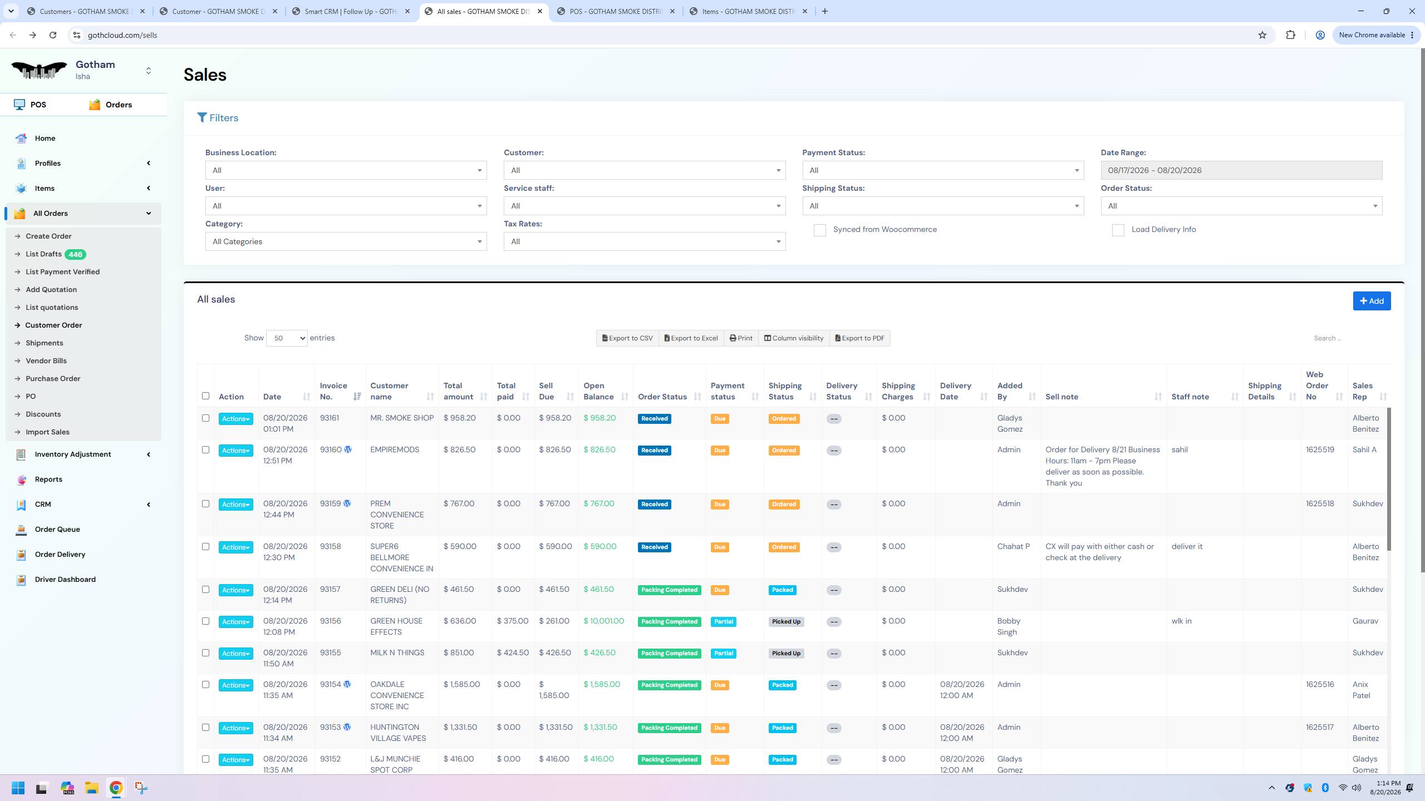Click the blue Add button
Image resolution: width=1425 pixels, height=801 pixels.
1372,301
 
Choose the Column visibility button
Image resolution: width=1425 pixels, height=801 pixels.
794,338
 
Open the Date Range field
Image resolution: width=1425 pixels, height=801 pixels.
1241,170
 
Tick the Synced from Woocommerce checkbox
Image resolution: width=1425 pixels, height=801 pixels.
819,230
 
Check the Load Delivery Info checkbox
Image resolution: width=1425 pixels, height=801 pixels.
1118,230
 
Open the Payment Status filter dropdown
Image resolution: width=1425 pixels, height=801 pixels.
943,170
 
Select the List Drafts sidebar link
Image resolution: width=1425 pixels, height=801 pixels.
43,254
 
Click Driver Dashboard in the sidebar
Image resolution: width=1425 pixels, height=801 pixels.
65,579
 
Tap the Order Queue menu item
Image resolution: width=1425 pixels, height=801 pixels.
57,529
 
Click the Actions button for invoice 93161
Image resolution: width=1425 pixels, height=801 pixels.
235,419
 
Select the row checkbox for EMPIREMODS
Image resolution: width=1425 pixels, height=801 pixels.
205,449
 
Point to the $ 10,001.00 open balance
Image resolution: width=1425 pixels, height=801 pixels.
604,621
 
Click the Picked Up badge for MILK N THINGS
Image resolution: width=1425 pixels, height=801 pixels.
786,653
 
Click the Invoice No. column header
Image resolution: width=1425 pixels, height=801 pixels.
333,391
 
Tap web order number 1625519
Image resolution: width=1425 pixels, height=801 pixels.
1320,449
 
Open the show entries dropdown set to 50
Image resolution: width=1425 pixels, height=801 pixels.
287,338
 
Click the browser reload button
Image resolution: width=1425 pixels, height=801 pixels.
53,35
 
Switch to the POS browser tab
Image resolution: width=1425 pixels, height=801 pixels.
615,11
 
